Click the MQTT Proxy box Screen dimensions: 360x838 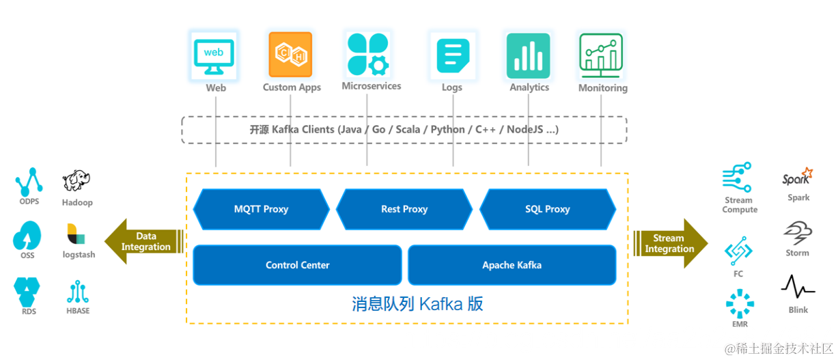tap(261, 209)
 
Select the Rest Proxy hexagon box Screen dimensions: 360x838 tap(404, 209)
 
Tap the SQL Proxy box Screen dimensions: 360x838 tap(548, 209)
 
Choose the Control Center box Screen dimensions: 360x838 tap(297, 265)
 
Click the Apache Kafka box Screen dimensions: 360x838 tap(512, 265)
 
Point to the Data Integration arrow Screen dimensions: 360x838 tap(143, 242)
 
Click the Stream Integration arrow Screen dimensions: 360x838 tap(670, 243)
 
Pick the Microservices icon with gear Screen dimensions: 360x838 tap(368, 54)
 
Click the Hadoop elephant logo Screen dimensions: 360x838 tap(76, 181)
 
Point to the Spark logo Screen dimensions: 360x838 tap(798, 177)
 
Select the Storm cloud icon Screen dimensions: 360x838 tap(798, 233)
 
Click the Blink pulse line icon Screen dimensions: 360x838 tap(798, 288)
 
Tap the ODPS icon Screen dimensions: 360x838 tap(29, 182)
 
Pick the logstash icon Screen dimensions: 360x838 tap(76, 234)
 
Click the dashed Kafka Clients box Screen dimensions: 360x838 tap(404, 130)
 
